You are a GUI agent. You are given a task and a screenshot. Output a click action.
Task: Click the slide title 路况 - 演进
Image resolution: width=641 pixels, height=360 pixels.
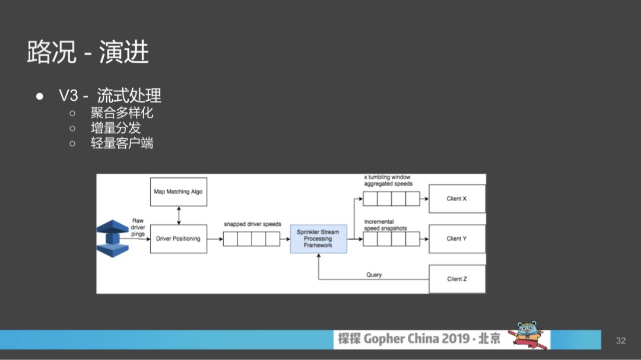[x=88, y=52]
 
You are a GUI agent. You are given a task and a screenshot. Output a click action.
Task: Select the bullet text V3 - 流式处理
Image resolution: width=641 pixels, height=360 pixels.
[x=110, y=96]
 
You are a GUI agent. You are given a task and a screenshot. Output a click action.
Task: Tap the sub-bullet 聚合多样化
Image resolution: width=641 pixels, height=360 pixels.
[x=122, y=112]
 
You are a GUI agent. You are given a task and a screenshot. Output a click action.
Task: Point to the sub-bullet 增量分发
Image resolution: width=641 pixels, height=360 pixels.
[x=115, y=128]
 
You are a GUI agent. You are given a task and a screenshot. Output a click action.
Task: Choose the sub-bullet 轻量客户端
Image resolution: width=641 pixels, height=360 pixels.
[x=122, y=143]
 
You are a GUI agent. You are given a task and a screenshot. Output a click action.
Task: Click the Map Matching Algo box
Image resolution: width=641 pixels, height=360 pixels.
[x=178, y=192]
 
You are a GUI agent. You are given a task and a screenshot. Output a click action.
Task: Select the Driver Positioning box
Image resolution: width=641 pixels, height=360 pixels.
[x=178, y=238]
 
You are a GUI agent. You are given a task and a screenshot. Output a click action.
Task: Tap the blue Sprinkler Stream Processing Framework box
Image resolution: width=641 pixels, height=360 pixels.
[x=318, y=238]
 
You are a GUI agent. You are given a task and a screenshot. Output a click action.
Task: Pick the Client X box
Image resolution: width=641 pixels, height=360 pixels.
[x=456, y=199]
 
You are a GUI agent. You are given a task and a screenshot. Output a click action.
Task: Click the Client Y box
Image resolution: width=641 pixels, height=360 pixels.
[x=456, y=238]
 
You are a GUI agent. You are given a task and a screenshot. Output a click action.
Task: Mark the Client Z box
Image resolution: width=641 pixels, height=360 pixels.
[x=456, y=279]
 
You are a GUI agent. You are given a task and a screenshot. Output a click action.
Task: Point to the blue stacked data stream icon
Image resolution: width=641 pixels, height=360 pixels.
[x=113, y=238]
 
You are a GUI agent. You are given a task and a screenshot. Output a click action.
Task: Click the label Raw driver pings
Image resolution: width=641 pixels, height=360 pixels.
[x=138, y=227]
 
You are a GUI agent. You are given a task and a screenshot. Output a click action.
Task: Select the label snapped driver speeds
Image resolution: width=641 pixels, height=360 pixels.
[x=252, y=224]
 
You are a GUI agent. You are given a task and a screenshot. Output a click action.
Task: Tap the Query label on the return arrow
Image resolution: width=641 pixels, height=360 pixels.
[x=374, y=275]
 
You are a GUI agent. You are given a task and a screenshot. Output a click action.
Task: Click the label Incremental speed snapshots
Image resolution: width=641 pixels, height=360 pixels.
[x=385, y=225]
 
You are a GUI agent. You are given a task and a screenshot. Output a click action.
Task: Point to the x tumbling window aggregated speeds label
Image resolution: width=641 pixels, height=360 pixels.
[x=388, y=180]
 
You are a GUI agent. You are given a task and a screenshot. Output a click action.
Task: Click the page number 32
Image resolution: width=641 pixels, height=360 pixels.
[x=621, y=340]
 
